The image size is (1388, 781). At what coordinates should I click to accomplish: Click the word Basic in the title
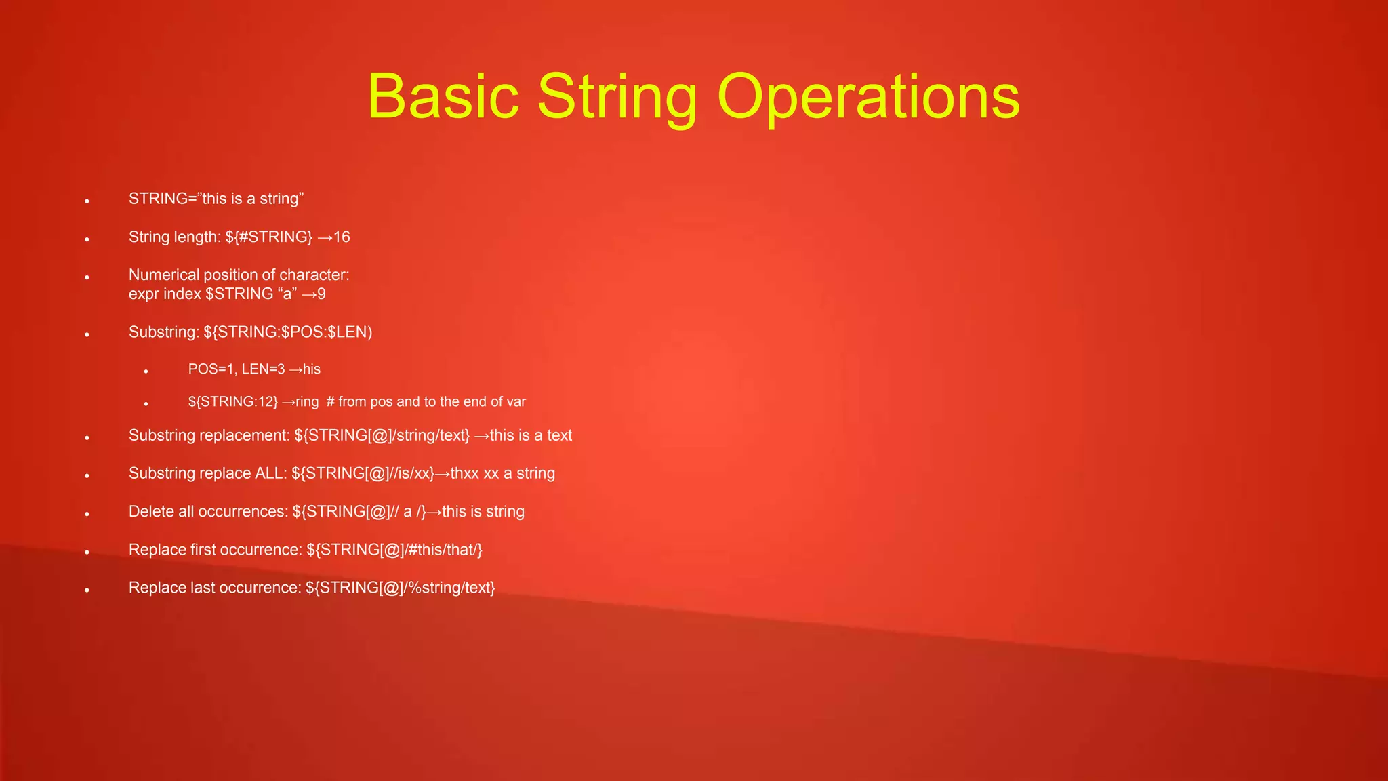[443, 96]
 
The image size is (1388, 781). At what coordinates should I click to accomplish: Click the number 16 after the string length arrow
[342, 237]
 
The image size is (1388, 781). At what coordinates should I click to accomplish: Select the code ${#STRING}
[268, 237]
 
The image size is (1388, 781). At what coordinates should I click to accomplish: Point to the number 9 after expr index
[321, 294]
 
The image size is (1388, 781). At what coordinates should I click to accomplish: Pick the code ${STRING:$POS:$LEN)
[287, 332]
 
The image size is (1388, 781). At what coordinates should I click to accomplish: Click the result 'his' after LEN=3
[312, 369]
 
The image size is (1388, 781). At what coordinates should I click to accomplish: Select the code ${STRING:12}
[232, 401]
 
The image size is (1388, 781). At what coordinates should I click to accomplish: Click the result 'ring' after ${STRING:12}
[307, 401]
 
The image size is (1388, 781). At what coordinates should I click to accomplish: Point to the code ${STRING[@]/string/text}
[382, 435]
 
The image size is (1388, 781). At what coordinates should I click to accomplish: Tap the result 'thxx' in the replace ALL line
[465, 473]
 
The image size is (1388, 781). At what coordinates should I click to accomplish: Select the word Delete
[151, 511]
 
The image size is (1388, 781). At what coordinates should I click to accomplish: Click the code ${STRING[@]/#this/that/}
[394, 549]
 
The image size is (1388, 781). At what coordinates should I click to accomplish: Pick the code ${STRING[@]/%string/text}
[400, 587]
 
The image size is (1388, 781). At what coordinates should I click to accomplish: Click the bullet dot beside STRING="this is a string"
[87, 201]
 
